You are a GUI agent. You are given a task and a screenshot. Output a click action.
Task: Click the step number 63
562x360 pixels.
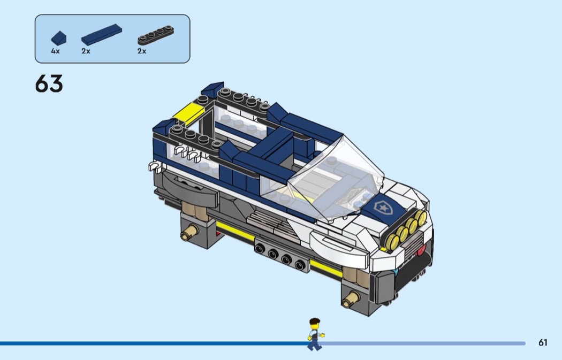tap(49, 83)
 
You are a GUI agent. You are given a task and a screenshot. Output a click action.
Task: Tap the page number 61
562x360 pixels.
tap(543, 342)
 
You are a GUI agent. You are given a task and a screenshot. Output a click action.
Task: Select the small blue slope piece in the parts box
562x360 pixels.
tap(59, 38)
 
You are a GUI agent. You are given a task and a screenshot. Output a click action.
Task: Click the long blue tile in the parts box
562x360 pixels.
tap(102, 34)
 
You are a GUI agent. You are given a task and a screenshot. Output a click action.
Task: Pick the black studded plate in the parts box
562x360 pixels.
tap(156, 35)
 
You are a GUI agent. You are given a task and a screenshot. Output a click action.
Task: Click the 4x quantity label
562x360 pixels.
tap(55, 51)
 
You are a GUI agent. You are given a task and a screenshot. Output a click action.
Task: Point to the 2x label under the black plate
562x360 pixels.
tap(142, 51)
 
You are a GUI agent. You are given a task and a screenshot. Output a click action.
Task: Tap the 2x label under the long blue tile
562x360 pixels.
tap(86, 51)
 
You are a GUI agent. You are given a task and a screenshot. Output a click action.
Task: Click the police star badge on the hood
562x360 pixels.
tap(383, 207)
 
